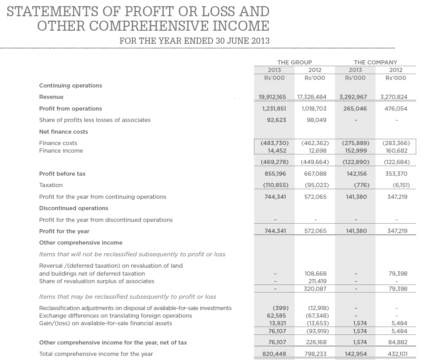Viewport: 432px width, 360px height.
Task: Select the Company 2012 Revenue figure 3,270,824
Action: [x=393, y=97]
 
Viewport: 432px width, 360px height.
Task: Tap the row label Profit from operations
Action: [x=71, y=109]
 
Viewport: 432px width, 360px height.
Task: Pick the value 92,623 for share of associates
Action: [x=276, y=120]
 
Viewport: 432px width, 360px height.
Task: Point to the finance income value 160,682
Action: [x=397, y=151]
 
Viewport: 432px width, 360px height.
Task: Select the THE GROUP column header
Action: [x=295, y=62]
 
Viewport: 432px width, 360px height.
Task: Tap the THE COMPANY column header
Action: [x=375, y=62]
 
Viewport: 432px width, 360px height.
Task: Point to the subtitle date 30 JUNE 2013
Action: [x=243, y=41]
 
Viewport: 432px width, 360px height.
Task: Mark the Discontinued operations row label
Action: [x=74, y=208]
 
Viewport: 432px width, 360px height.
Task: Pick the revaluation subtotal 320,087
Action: [x=315, y=289]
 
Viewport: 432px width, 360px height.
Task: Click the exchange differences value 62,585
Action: [x=276, y=316]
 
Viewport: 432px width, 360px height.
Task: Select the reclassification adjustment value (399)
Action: [x=280, y=308]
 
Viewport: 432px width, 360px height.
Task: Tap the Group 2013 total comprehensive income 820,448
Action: [x=274, y=354]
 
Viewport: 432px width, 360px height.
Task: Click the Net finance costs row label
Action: [x=64, y=132]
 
